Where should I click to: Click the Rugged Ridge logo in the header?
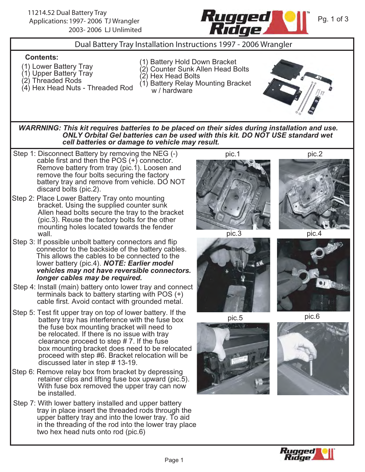click(x=254, y=23)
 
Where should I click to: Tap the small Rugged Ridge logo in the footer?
click(x=307, y=454)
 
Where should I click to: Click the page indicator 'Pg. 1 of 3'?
click(x=333, y=19)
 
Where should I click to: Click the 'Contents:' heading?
click(x=42, y=57)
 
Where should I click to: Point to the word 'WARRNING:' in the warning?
click(x=40, y=128)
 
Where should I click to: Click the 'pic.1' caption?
click(x=233, y=154)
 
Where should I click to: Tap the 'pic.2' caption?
click(x=315, y=154)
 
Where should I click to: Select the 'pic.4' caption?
click(x=314, y=234)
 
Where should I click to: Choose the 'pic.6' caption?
click(x=312, y=316)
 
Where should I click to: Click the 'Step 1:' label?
click(x=24, y=154)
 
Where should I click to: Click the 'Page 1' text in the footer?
click(x=174, y=460)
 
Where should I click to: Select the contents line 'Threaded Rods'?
click(x=57, y=81)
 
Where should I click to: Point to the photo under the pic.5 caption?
click(x=233, y=358)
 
